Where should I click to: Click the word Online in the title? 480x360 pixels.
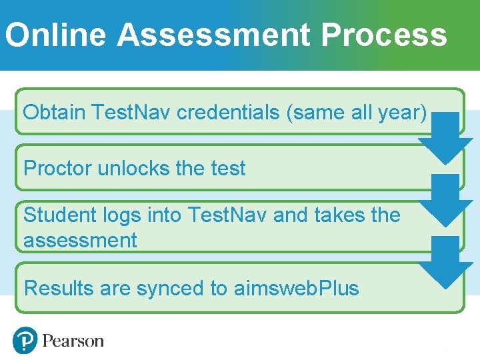55,35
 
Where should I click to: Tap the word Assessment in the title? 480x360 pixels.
213,35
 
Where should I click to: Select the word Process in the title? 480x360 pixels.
383,35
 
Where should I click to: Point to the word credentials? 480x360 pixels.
228,112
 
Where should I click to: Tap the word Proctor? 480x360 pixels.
57,168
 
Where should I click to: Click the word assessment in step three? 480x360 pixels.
80,240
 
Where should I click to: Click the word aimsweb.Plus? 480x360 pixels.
297,288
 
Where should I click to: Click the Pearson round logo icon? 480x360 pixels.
25,341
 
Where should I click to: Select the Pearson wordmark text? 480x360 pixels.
73,341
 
